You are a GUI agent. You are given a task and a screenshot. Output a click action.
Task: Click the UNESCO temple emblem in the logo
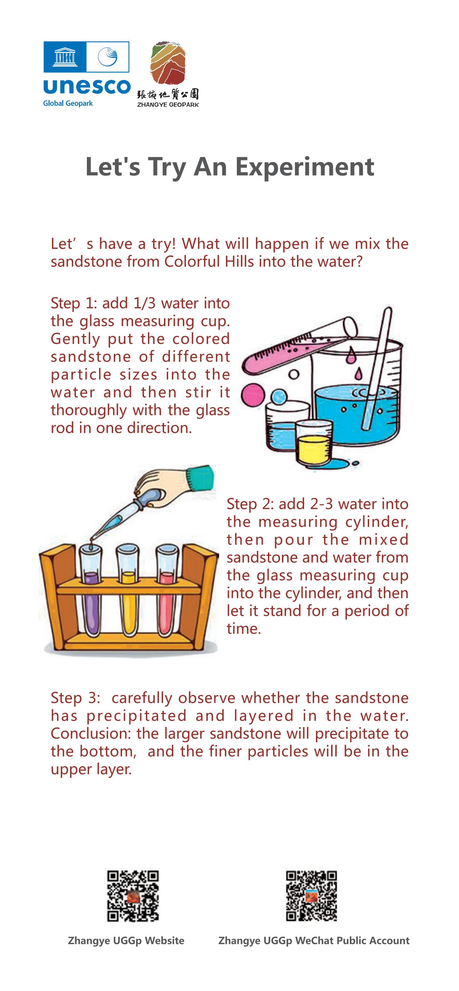pyautogui.click(x=65, y=57)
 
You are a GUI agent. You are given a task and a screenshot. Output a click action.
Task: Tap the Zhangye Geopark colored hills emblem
pyautogui.click(x=168, y=63)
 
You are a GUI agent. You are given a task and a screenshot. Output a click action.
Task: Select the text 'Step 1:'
pyautogui.click(x=73, y=304)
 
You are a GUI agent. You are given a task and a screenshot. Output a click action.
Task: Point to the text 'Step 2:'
pyautogui.click(x=250, y=504)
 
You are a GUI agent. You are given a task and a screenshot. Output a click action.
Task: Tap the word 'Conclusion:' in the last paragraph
pyautogui.click(x=91, y=733)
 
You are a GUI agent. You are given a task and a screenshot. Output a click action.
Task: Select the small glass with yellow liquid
pyautogui.click(x=312, y=443)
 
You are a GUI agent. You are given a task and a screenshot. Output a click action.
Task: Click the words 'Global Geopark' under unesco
pyautogui.click(x=68, y=103)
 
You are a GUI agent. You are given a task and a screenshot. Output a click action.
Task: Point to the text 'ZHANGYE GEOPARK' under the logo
pyautogui.click(x=168, y=104)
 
